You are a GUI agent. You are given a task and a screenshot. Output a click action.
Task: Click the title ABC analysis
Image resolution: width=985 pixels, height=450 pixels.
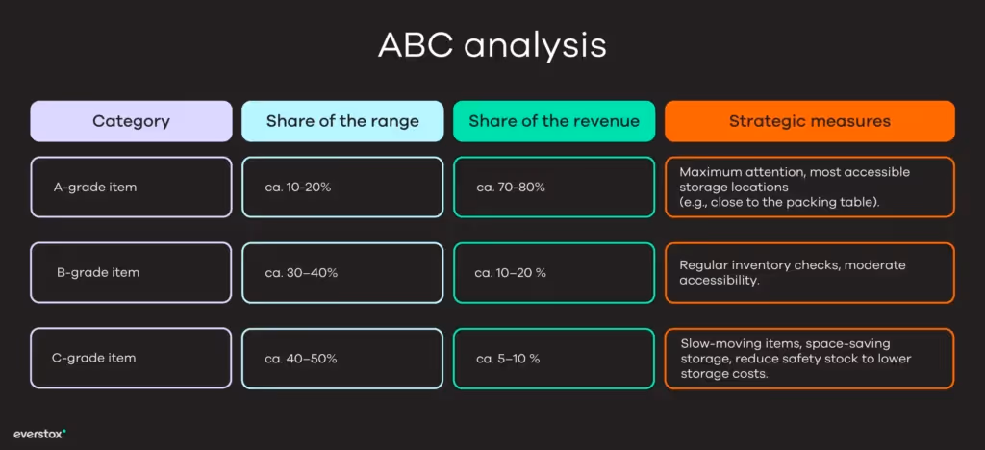point(492,45)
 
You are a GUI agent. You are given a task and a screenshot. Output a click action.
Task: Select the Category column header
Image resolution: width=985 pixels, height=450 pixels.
point(131,121)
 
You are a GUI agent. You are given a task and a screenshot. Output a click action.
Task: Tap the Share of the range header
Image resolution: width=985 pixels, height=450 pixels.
point(342,121)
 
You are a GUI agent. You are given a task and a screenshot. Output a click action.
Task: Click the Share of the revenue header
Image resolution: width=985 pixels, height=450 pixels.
point(554,121)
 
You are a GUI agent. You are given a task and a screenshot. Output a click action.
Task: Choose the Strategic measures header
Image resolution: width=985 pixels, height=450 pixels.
point(809,121)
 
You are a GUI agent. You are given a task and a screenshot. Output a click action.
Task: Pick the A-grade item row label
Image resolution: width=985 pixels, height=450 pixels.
point(95,187)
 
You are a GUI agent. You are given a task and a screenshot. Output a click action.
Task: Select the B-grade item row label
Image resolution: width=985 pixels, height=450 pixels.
point(97,272)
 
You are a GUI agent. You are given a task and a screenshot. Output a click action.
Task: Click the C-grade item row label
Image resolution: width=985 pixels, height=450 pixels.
point(93,358)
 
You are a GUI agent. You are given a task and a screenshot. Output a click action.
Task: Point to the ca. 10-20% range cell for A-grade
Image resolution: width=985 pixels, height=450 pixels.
point(298,187)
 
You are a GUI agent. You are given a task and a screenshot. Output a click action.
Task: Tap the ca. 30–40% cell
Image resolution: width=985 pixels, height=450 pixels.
point(301,272)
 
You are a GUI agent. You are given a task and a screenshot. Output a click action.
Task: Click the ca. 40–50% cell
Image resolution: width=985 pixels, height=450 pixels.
point(301,358)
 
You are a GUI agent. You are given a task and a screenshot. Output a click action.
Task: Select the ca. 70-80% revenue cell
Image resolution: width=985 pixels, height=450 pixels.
point(510,187)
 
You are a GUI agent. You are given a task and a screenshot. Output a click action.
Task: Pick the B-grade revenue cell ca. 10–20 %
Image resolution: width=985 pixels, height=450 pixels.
point(511,272)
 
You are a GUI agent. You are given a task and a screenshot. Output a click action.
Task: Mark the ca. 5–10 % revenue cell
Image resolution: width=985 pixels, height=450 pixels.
point(508,358)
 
